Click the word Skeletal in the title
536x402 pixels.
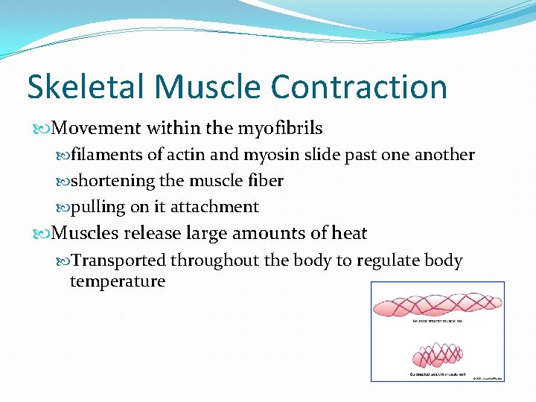(x=86, y=87)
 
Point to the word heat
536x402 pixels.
(x=349, y=234)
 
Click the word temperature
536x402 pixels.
(x=117, y=281)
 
